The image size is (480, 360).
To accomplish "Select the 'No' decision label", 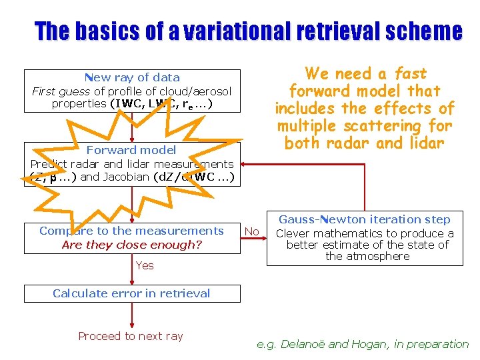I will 251,231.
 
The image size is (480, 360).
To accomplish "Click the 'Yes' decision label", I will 144,265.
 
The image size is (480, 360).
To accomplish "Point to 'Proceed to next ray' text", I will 131,336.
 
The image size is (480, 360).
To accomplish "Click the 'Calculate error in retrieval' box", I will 131,293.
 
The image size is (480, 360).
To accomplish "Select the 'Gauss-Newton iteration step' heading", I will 364,219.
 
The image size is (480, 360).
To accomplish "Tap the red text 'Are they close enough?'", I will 131,245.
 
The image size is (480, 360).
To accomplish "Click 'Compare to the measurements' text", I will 131,231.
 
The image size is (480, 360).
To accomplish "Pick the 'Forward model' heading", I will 131,150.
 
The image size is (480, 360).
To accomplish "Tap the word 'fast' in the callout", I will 409,73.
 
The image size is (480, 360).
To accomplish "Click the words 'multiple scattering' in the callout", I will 364,125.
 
